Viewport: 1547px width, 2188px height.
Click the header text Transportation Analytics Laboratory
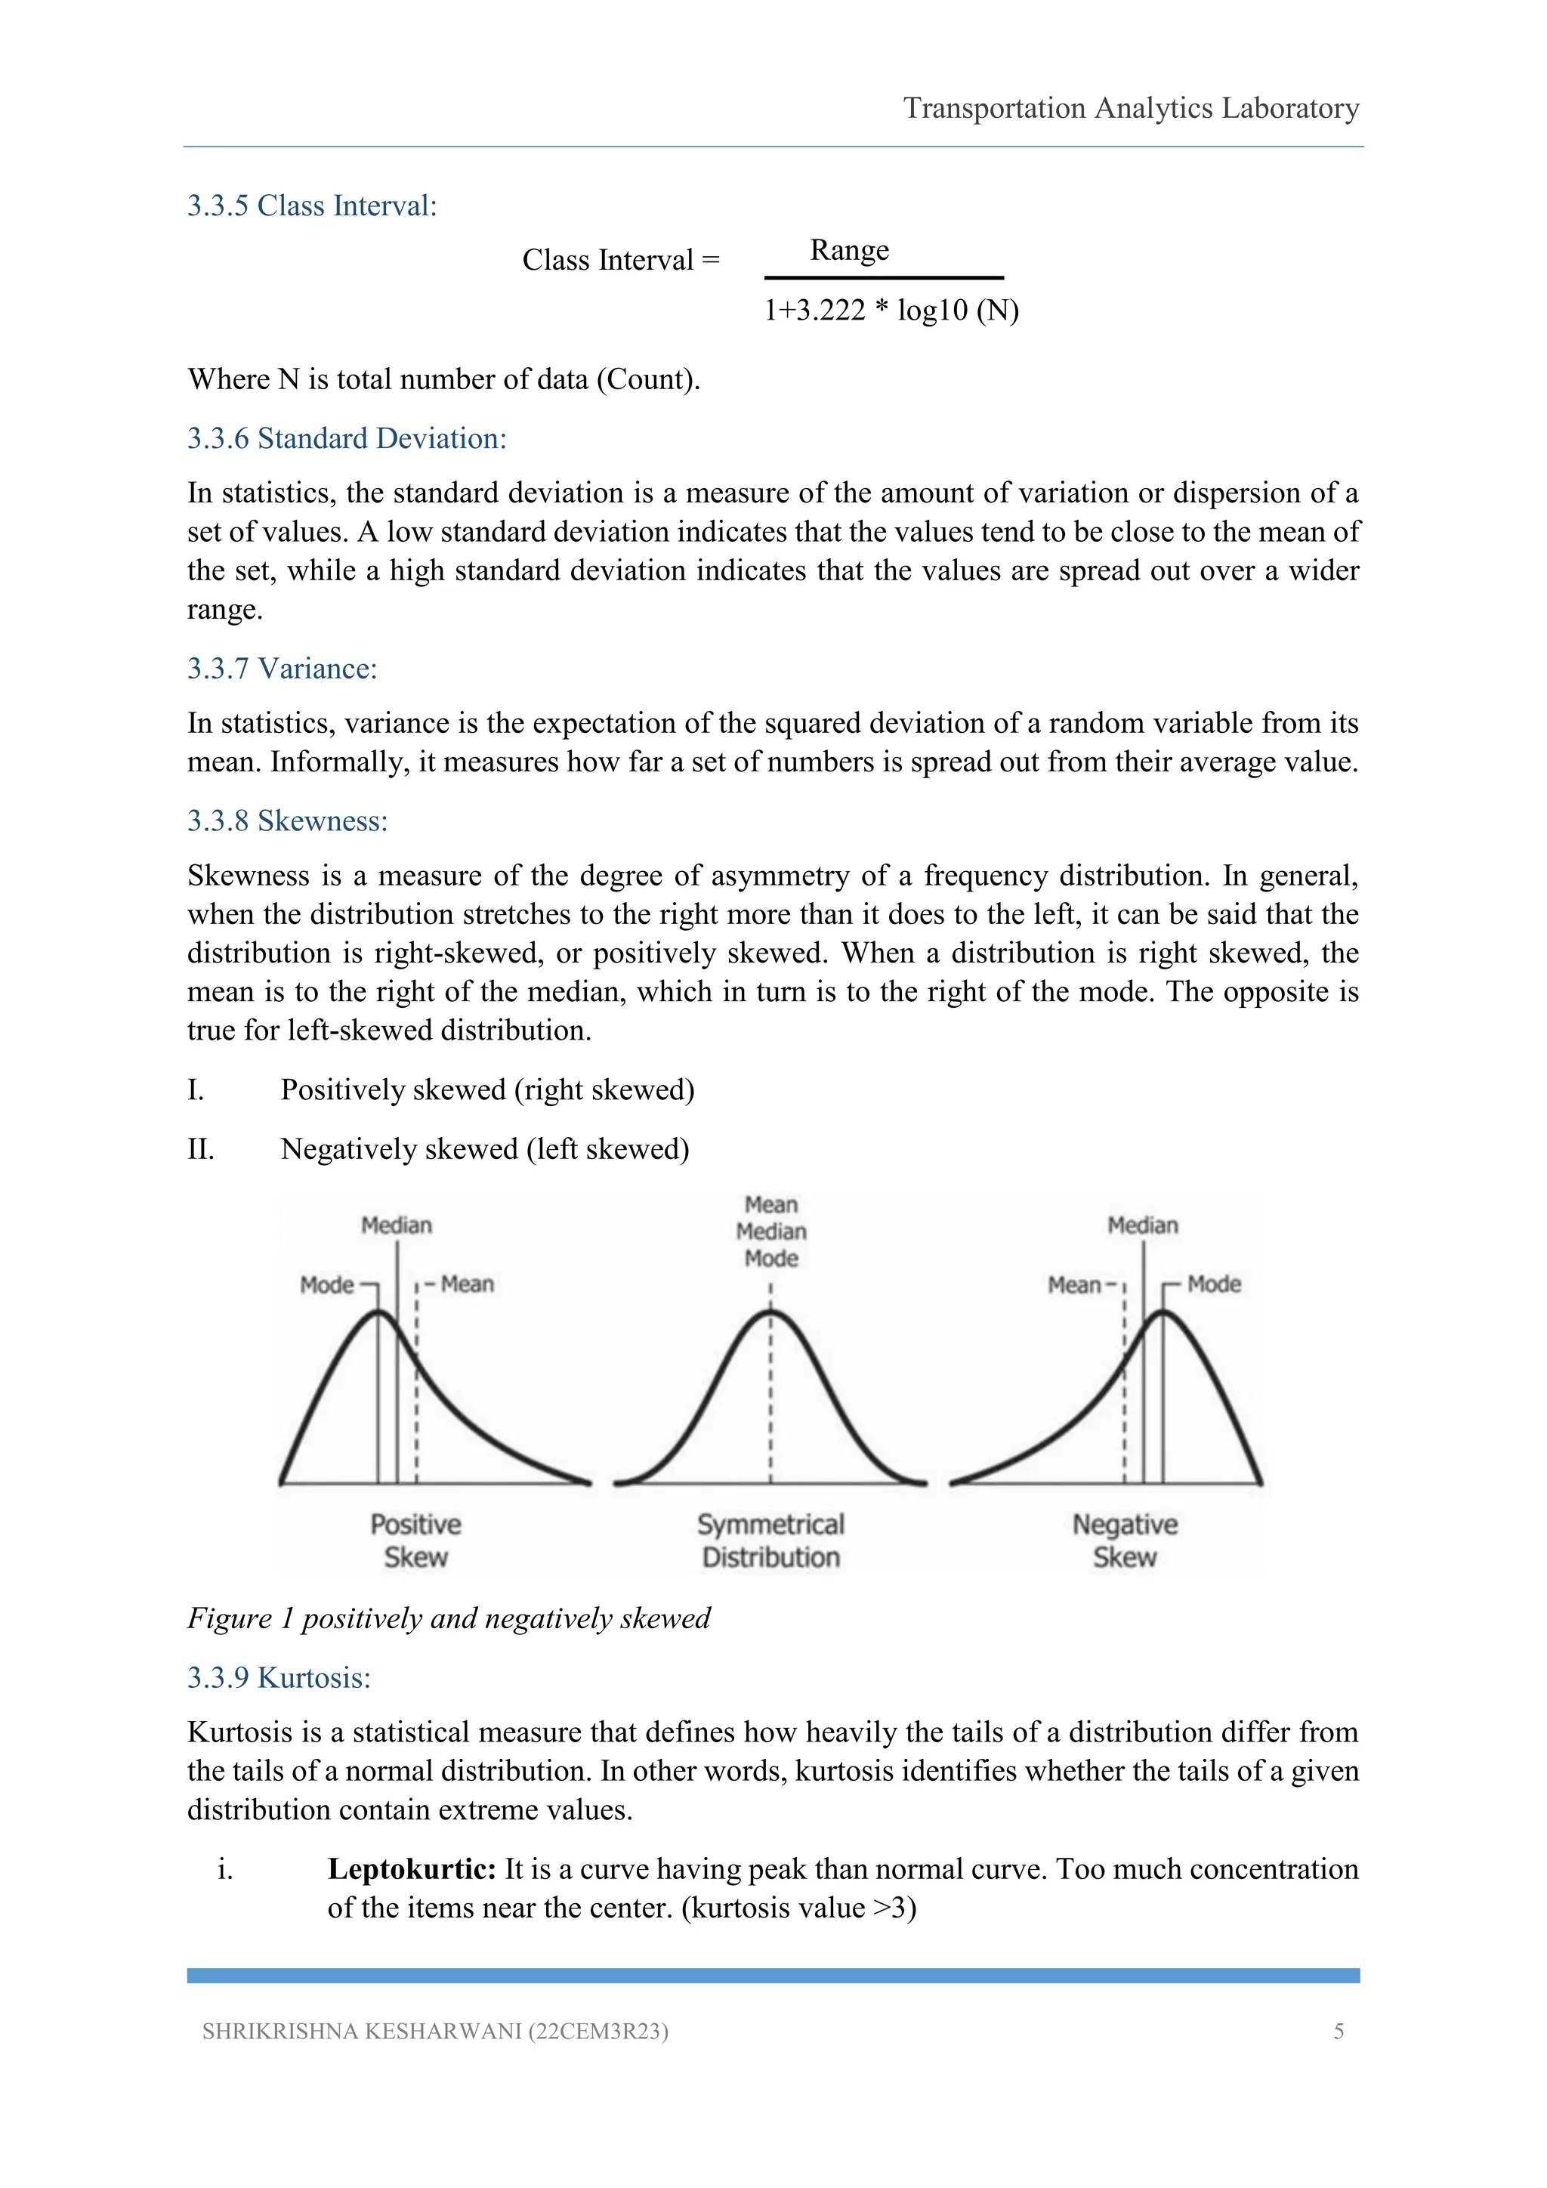[1130, 108]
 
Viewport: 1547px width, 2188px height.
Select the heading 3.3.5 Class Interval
[311, 206]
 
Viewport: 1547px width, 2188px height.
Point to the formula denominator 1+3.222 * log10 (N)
[891, 310]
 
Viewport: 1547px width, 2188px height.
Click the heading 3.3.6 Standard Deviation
[347, 438]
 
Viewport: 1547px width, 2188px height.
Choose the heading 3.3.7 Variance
[282, 668]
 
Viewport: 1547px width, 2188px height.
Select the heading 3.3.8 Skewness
[288, 820]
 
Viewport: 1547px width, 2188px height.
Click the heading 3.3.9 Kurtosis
[279, 1677]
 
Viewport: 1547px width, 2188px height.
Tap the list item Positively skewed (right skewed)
[486, 1089]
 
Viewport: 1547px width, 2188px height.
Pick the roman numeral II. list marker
[200, 1149]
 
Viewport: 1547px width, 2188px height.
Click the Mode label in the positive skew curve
[327, 1284]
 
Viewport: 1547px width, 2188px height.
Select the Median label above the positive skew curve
[397, 1225]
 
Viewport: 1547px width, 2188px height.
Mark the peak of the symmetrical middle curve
[770, 1313]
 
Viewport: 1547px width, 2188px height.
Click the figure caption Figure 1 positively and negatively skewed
[449, 1618]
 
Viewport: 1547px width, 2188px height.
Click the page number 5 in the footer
[1339, 2031]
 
